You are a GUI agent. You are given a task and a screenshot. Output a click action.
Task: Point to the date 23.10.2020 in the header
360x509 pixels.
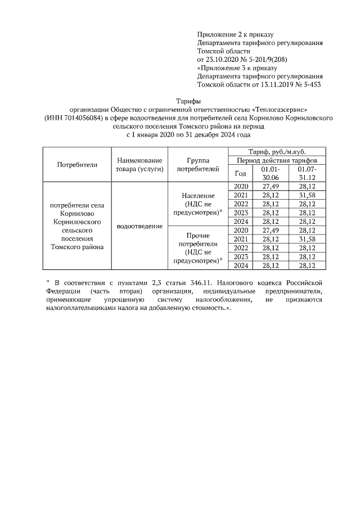point(224,59)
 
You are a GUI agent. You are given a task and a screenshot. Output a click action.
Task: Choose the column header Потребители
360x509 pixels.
point(77,165)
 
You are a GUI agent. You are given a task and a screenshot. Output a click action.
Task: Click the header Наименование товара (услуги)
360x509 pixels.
point(140,165)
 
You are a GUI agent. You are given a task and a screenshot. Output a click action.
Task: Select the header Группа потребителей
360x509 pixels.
point(197,165)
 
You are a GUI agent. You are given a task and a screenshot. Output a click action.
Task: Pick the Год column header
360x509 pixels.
point(240,173)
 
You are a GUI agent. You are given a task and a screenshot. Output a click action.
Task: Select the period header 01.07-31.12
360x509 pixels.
point(307,173)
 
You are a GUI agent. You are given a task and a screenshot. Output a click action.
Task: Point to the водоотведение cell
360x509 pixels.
point(140,226)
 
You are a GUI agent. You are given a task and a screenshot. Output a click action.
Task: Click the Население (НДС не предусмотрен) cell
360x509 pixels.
point(197,203)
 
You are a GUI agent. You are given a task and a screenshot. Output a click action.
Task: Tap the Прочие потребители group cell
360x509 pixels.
point(197,247)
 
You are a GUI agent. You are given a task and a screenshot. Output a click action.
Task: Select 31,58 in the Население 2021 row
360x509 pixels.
point(307,195)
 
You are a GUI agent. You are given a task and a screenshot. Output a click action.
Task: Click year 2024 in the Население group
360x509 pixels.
point(240,222)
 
